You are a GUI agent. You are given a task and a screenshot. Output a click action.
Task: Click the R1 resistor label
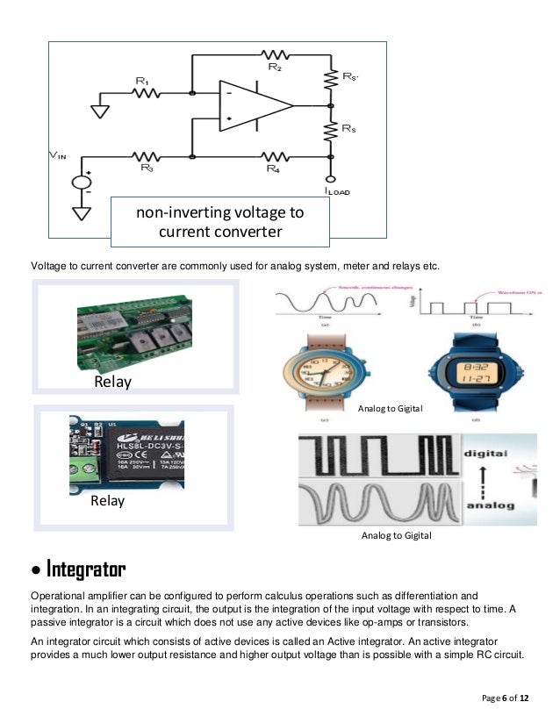pos(140,81)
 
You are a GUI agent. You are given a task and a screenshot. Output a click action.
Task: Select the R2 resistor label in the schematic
pos(273,67)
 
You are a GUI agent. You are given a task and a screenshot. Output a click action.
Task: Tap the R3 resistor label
pos(146,168)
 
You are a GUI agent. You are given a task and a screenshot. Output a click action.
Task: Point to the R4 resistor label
pos(273,168)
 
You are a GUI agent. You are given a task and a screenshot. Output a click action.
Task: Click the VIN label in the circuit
pos(56,156)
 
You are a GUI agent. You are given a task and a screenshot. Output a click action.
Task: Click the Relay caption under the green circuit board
pos(114,383)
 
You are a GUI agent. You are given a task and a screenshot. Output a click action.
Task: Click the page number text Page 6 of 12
pos(506,698)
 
